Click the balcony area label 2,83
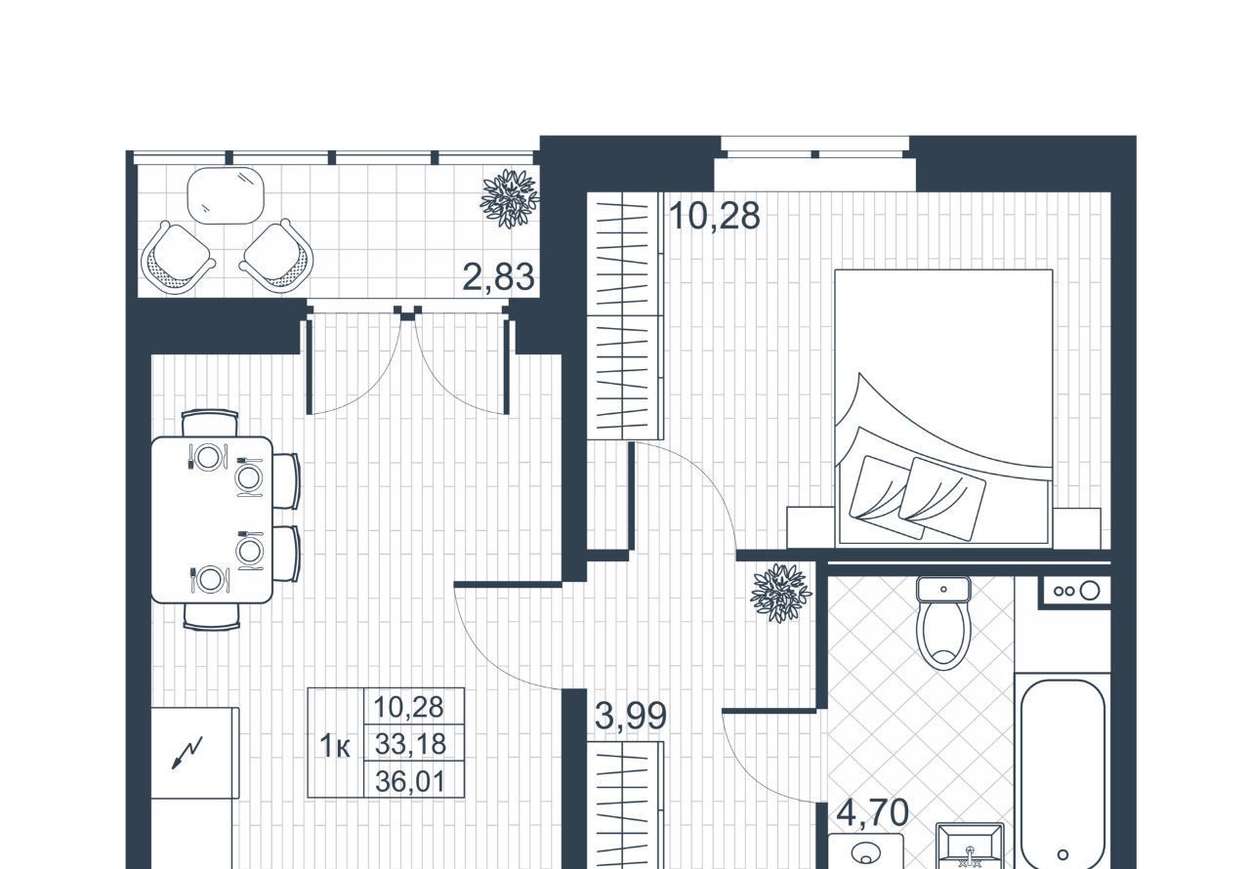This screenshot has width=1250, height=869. point(498,277)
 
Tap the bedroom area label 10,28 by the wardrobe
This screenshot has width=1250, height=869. point(714,216)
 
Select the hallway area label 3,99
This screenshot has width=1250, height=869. point(631,716)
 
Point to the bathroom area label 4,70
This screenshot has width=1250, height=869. point(873,812)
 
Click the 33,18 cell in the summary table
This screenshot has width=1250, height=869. point(411,743)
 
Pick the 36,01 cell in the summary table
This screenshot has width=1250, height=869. point(411,781)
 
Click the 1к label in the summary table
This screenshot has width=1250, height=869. point(335,746)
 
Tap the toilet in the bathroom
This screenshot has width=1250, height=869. point(943,623)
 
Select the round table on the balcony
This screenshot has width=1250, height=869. point(226,195)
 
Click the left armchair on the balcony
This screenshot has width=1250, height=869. point(178,257)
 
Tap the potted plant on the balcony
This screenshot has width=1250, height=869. point(510,198)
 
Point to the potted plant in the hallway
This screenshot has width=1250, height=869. point(780,593)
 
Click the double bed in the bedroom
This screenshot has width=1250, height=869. point(943,406)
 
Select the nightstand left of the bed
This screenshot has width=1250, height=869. point(811,527)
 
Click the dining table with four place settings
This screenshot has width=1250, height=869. point(212,520)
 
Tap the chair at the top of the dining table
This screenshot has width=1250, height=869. point(210,423)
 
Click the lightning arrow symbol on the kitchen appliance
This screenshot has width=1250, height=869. point(187,753)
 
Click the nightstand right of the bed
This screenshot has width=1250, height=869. point(1077,527)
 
